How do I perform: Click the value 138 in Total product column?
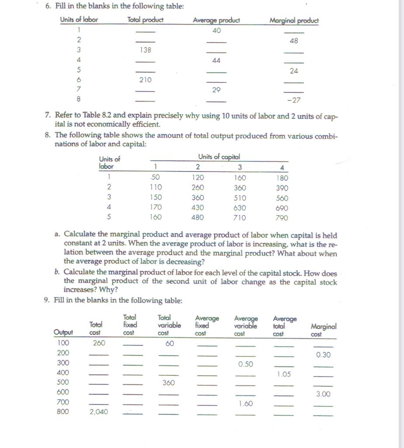pyautogui.click(x=145, y=50)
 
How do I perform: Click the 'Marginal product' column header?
pyautogui.click(x=294, y=21)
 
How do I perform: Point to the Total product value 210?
pyautogui.click(x=145, y=80)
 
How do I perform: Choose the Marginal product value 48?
pyautogui.click(x=294, y=40)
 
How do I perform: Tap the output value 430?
pyautogui.click(x=198, y=207)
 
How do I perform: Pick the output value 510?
pyautogui.click(x=240, y=197)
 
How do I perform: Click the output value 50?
pyautogui.click(x=155, y=178)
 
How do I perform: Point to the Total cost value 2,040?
pyautogui.click(x=98, y=412)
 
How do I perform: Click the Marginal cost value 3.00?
pyautogui.click(x=324, y=394)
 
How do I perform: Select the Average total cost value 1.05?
pyautogui.click(x=285, y=374)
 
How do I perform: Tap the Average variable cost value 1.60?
pyautogui.click(x=246, y=404)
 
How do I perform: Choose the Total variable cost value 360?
pyautogui.click(x=169, y=383)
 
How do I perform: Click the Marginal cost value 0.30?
pyautogui.click(x=324, y=354)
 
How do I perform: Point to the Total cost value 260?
pyautogui.click(x=98, y=343)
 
